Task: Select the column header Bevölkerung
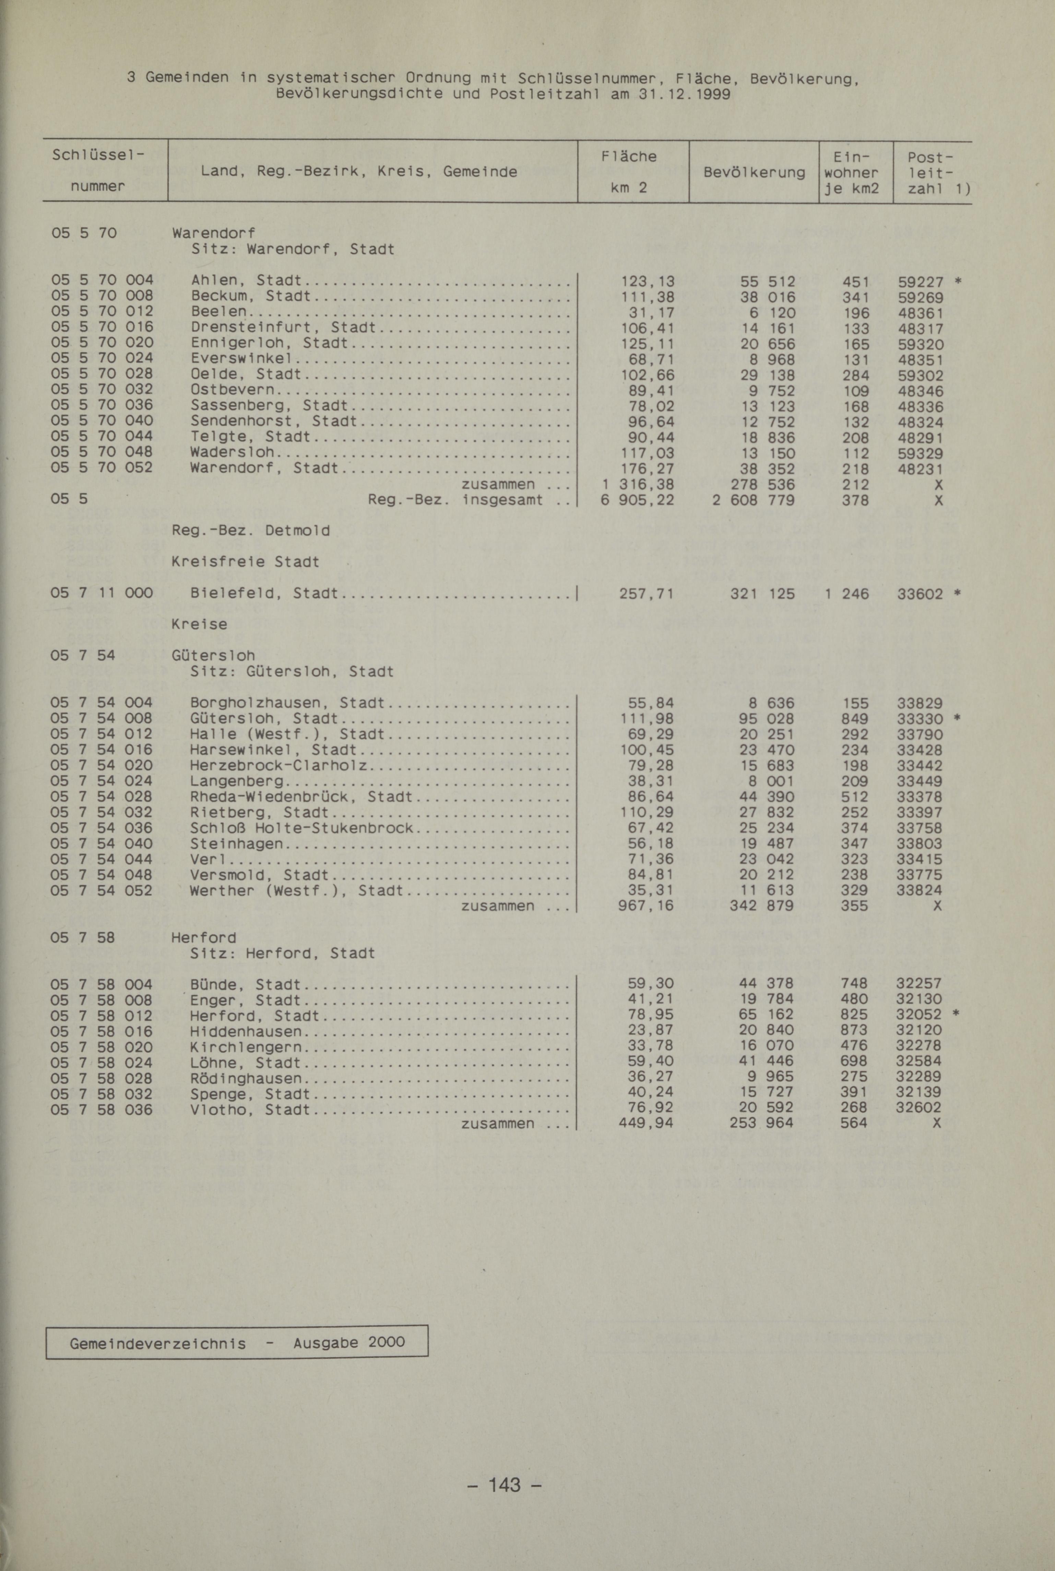click(x=754, y=172)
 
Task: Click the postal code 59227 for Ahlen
click(x=921, y=281)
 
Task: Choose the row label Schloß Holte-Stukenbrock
click(x=301, y=828)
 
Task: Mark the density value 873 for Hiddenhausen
click(x=854, y=1030)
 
